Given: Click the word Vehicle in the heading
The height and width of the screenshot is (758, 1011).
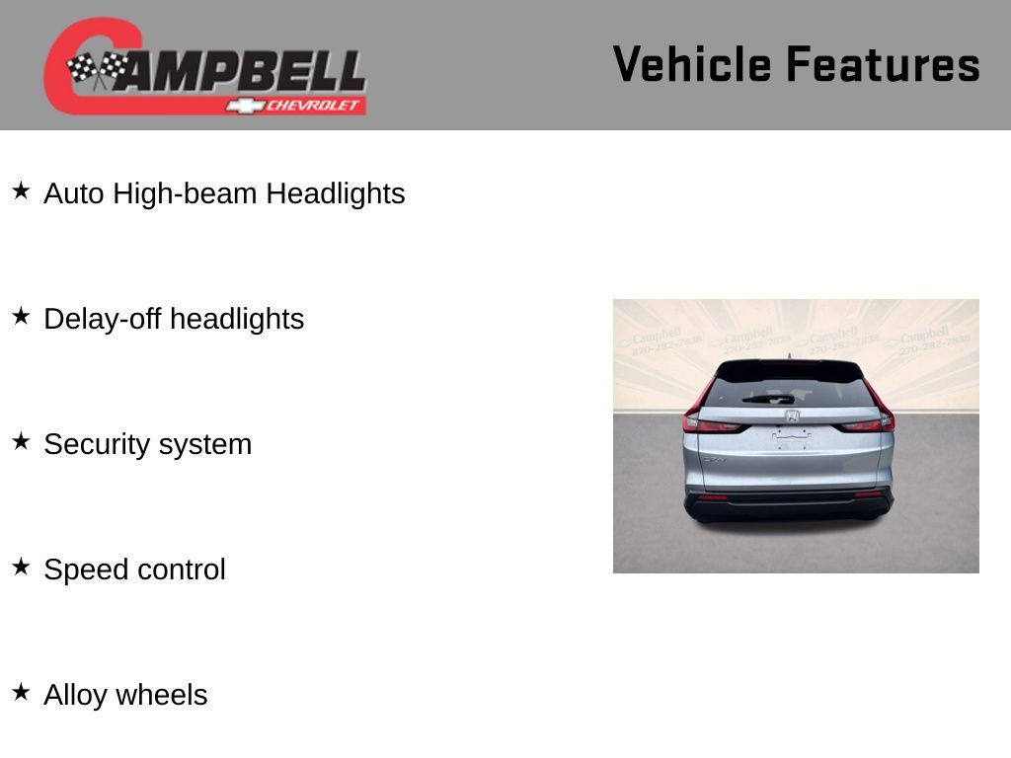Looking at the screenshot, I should [691, 64].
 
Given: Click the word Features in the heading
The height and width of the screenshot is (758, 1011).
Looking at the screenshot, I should [883, 64].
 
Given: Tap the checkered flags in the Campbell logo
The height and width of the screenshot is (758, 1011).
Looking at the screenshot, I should [98, 69].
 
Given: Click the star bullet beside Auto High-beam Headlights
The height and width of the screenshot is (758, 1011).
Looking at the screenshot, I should [21, 190].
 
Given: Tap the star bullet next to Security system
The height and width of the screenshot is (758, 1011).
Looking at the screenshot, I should [21, 441].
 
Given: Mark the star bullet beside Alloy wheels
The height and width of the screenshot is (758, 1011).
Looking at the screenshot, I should [21, 692].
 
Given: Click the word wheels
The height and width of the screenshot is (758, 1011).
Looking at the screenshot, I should [167, 695].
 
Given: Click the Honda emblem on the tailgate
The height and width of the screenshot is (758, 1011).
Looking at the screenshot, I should [792, 416].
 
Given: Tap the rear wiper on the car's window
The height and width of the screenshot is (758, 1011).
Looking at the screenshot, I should [768, 399].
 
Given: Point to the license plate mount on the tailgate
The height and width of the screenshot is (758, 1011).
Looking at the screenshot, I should [791, 438].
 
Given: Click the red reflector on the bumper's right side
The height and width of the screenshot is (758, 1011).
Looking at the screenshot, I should [869, 494].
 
